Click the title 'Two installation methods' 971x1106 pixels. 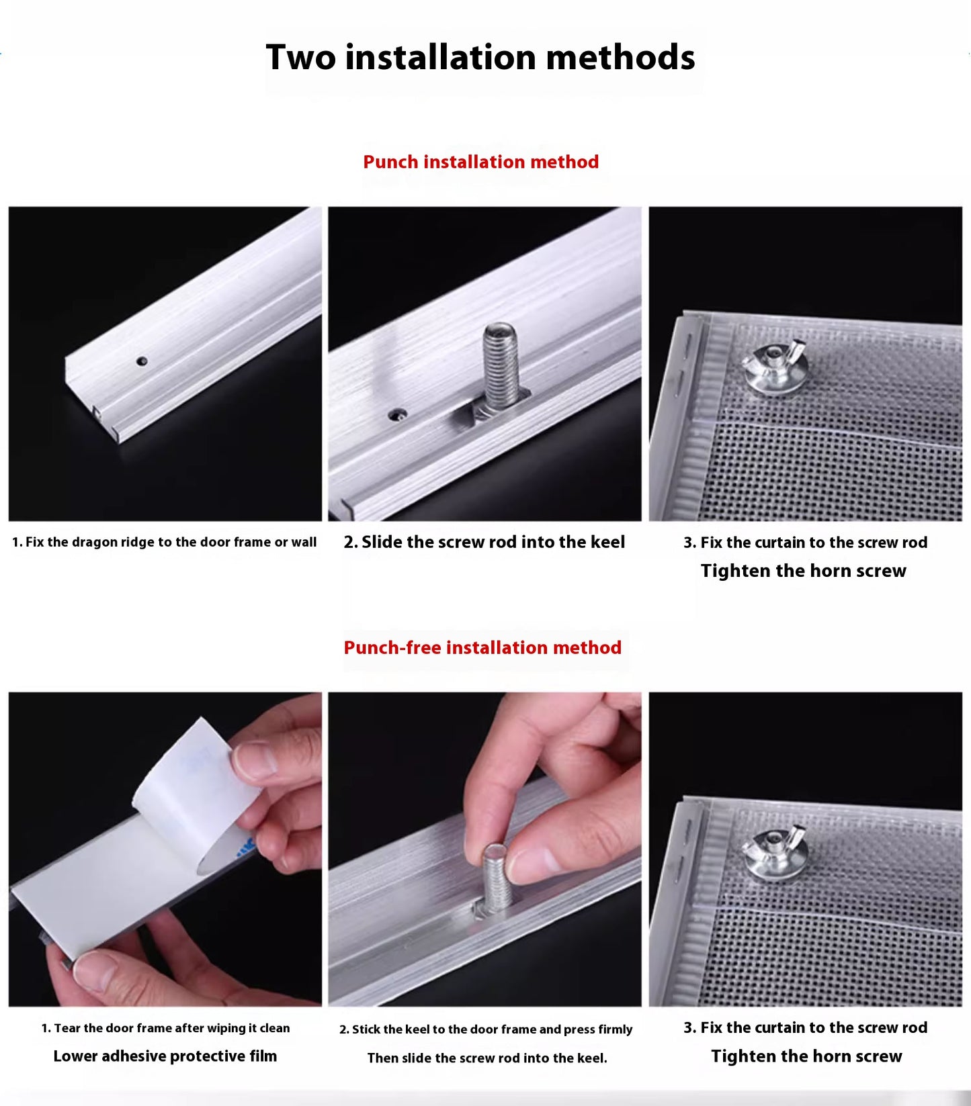pos(480,57)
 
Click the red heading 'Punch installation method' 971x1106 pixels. pos(480,162)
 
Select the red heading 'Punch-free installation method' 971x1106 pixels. pos(482,647)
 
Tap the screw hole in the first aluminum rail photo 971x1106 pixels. pos(142,361)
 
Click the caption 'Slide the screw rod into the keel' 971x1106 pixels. pos(493,543)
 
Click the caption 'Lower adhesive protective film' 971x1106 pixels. pos(165,1056)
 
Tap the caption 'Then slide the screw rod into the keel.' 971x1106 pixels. pos(487,1058)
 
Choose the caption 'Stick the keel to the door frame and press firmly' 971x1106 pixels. pos(493,1029)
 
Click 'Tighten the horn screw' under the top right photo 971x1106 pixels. pos(804,571)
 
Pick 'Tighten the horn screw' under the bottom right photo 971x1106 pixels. pos(806,1056)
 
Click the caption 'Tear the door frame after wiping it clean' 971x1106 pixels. pos(172,1028)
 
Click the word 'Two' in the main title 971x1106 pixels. pos(301,57)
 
